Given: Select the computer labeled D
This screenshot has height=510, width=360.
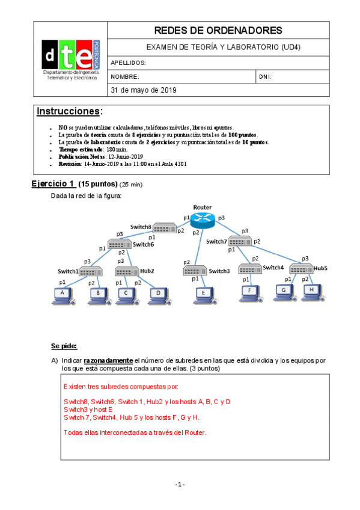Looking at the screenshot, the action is click(157, 293).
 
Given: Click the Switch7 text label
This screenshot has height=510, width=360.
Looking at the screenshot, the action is click(216, 241).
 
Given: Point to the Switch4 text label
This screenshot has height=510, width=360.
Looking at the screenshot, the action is click(272, 268).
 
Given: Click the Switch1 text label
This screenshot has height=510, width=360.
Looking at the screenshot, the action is click(68, 271).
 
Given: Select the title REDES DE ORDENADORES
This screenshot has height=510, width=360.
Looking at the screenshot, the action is click(218, 30).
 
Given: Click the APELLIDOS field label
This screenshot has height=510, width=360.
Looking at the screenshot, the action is click(129, 63).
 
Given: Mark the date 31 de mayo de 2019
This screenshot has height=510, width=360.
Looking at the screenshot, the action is click(143, 90).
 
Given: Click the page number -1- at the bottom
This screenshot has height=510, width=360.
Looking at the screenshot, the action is click(180, 485).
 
